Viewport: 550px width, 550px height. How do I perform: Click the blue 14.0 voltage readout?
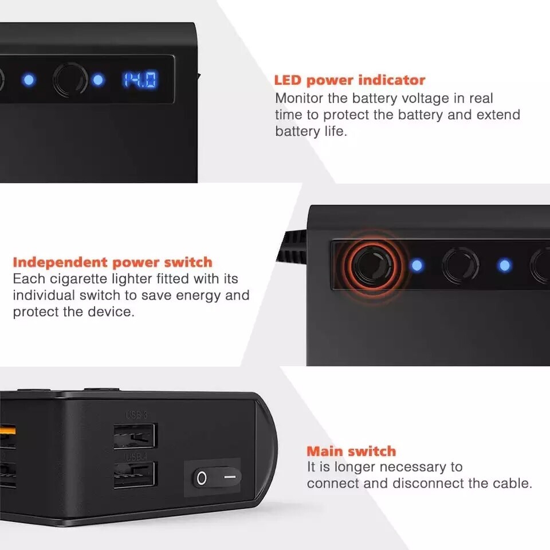(x=140, y=80)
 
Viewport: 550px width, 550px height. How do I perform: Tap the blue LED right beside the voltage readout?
(x=98, y=80)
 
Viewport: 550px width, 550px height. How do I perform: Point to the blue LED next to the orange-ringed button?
(x=417, y=265)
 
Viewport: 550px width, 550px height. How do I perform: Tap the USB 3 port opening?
(x=135, y=436)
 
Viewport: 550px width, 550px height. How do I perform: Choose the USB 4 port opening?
(x=134, y=474)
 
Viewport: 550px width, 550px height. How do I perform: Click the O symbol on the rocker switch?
(x=202, y=478)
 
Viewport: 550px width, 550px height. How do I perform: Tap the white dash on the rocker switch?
(x=230, y=477)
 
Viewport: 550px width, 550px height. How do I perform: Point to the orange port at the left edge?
(x=7, y=430)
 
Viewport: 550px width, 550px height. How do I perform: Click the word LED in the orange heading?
(x=288, y=80)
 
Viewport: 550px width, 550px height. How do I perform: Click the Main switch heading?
(x=351, y=451)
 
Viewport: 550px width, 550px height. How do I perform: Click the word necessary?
(x=413, y=467)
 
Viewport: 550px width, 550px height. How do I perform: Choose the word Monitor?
(x=299, y=98)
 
